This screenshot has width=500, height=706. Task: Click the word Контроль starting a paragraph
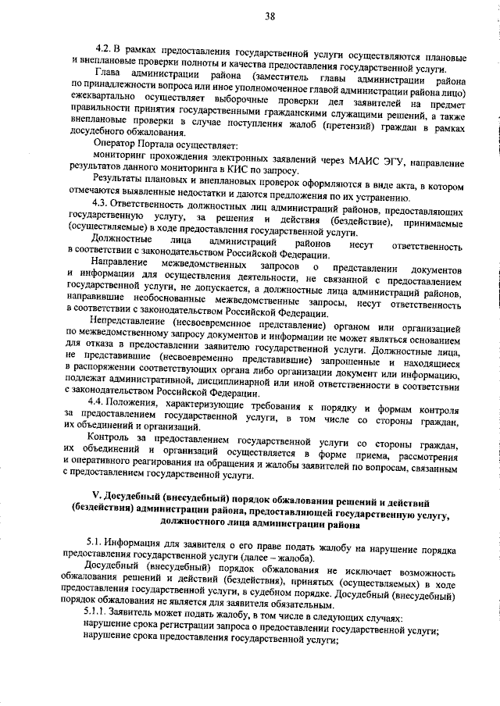point(115,441)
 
